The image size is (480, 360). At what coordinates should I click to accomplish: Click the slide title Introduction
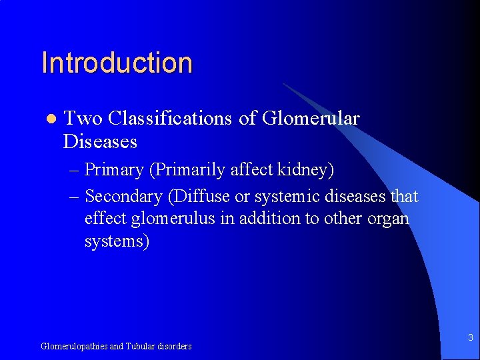click(117, 63)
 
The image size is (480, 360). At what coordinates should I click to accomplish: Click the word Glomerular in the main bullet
click(311, 119)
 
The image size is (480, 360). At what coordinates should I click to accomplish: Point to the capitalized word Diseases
click(100, 142)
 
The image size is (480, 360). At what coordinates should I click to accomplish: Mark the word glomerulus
click(157, 219)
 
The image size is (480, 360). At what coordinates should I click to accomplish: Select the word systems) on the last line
click(117, 241)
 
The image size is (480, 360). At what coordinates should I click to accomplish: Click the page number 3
click(470, 338)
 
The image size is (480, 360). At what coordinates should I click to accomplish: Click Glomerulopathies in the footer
click(74, 346)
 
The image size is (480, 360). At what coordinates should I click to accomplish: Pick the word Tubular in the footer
click(140, 346)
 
